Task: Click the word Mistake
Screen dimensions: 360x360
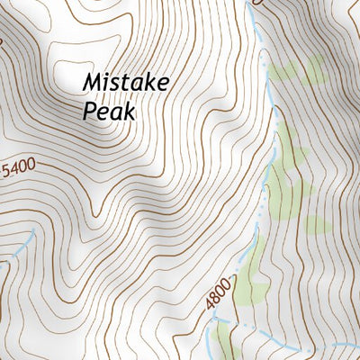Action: pos(127,83)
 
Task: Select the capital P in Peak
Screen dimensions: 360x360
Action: pos(89,112)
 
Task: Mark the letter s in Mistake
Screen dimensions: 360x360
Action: pos(118,85)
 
